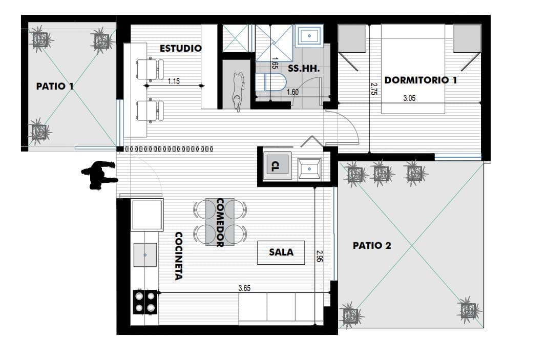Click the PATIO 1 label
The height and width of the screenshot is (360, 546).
click(x=55, y=86)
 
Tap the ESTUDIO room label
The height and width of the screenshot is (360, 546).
click(x=180, y=49)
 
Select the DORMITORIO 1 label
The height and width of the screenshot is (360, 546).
click(x=421, y=80)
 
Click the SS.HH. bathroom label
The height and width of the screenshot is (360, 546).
click(x=303, y=69)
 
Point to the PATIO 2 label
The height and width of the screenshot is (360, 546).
click(x=372, y=245)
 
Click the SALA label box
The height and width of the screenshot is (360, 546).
click(x=281, y=252)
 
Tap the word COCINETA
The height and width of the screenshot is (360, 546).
click(x=178, y=256)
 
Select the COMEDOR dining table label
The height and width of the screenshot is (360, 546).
click(x=220, y=223)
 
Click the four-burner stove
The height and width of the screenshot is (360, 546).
click(x=145, y=302)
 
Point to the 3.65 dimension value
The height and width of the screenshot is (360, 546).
click(x=244, y=288)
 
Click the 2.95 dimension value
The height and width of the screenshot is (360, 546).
click(x=320, y=256)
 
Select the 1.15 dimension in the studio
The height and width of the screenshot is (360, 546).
click(x=174, y=81)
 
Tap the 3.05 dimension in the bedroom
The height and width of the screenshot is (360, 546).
click(x=409, y=98)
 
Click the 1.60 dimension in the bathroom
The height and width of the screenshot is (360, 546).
click(x=292, y=92)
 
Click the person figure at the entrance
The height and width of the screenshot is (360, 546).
click(x=99, y=175)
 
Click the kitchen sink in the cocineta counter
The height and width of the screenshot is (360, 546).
click(x=145, y=255)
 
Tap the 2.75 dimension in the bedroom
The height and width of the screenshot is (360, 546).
click(x=374, y=89)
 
